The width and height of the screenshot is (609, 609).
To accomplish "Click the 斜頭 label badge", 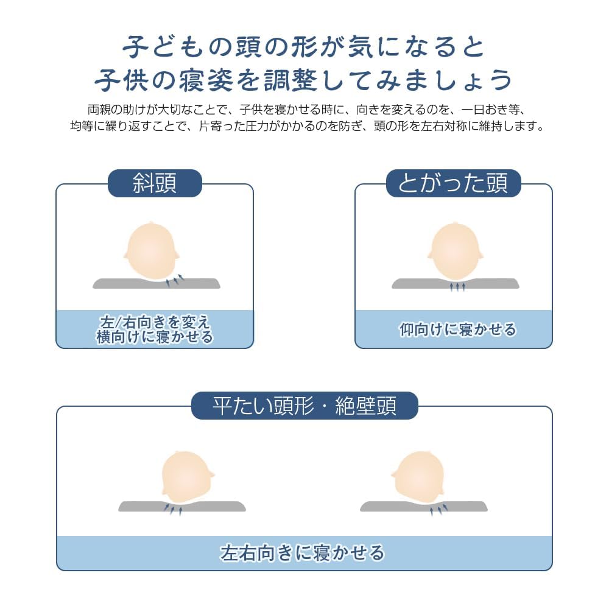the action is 155,183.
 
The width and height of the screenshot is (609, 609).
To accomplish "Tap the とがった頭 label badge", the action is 453,183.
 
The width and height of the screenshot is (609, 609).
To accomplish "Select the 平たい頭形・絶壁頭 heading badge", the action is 304,406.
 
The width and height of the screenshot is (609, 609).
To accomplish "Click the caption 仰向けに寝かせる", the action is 457,330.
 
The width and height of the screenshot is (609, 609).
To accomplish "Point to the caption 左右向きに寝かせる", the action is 303,553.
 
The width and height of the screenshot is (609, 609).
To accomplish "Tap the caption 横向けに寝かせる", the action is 155,337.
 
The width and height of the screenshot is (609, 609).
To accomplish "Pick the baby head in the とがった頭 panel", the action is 455,251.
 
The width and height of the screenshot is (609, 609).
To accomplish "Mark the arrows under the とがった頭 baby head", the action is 457,286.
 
